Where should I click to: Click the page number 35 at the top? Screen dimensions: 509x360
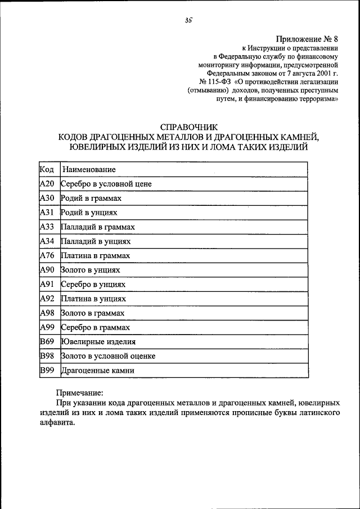[x=188, y=21]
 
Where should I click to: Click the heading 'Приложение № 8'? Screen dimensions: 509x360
[x=307, y=39]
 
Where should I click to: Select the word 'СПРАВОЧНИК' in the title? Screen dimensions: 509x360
[x=188, y=127]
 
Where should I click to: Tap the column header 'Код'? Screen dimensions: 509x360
[x=47, y=169]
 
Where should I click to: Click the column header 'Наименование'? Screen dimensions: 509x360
[x=89, y=169]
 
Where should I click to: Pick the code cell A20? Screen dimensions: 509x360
[x=47, y=184]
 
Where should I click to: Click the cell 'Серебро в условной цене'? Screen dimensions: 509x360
[x=106, y=184]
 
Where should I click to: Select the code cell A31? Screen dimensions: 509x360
[x=47, y=213]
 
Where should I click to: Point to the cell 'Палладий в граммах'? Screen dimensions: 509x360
[x=98, y=227]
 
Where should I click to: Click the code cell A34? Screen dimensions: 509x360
[x=47, y=241]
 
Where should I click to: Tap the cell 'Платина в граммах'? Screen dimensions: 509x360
[x=96, y=256]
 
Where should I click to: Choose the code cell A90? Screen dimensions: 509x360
[x=47, y=270]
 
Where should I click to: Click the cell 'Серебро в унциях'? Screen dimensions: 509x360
[x=93, y=285]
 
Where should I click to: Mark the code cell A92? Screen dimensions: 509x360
[x=47, y=299]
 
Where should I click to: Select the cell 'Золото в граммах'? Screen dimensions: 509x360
[x=92, y=313]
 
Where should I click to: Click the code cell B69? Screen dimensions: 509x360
[x=47, y=341]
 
